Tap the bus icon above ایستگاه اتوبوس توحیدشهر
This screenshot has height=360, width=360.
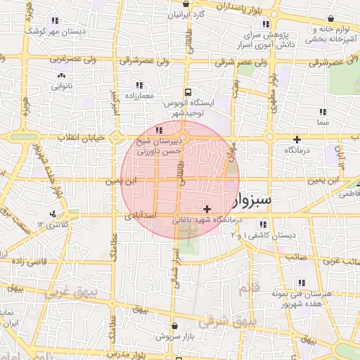(188, 92)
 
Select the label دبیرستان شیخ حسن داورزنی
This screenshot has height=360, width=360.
(159, 146)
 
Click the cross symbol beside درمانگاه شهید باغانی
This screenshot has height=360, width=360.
(207, 209)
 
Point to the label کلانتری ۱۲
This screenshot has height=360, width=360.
(54, 224)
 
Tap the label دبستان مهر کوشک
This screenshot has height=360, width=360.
(56, 32)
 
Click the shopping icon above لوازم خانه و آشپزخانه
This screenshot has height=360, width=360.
(330, 20)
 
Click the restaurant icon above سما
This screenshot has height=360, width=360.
(323, 111)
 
